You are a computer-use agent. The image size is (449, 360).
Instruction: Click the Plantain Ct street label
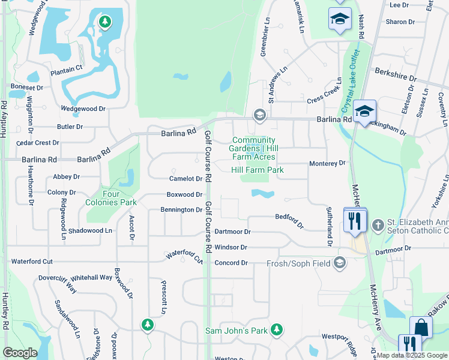66,70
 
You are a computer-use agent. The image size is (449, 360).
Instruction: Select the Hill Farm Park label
257,170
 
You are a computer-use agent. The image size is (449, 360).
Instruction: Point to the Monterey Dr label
327,163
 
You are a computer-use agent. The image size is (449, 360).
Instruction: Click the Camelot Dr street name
185,179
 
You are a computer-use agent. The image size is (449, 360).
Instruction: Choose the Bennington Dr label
181,210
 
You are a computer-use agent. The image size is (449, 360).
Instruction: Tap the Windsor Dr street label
231,247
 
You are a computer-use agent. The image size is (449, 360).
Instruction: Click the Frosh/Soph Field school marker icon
340,263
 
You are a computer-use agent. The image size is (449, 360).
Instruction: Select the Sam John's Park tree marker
276,329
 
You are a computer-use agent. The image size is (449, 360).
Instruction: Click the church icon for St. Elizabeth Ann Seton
378,226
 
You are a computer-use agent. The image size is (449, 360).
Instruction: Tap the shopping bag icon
421,328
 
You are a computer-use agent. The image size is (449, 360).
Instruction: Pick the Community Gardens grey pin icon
259,115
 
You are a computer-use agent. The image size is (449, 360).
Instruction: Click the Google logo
20,353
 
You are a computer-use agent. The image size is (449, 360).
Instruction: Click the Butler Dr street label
70,127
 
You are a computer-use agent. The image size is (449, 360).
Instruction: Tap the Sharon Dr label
400,22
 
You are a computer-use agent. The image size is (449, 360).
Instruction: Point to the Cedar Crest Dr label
38,143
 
